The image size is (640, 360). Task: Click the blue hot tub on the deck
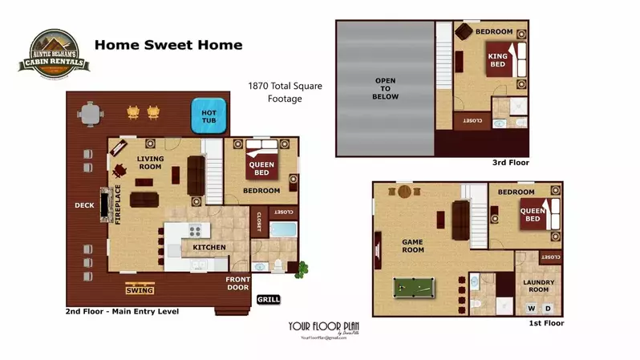pyautogui.click(x=209, y=117)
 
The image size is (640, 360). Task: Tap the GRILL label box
pyautogui.click(x=268, y=300)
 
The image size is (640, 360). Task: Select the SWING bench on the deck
pyautogui.click(x=139, y=289)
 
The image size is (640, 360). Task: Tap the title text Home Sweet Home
pyautogui.click(x=168, y=45)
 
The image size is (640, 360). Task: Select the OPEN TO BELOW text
pyautogui.click(x=385, y=87)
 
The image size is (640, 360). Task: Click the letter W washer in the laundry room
pyautogui.click(x=530, y=308)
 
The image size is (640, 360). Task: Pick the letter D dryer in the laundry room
pyautogui.click(x=548, y=308)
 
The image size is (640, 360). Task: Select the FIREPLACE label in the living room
pyautogui.click(x=117, y=203)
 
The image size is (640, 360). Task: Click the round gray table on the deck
pyautogui.click(x=94, y=117)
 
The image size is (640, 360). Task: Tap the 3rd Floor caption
pyautogui.click(x=510, y=162)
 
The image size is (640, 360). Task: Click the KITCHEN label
pyautogui.click(x=209, y=247)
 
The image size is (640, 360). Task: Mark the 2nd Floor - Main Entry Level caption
pyautogui.click(x=122, y=311)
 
